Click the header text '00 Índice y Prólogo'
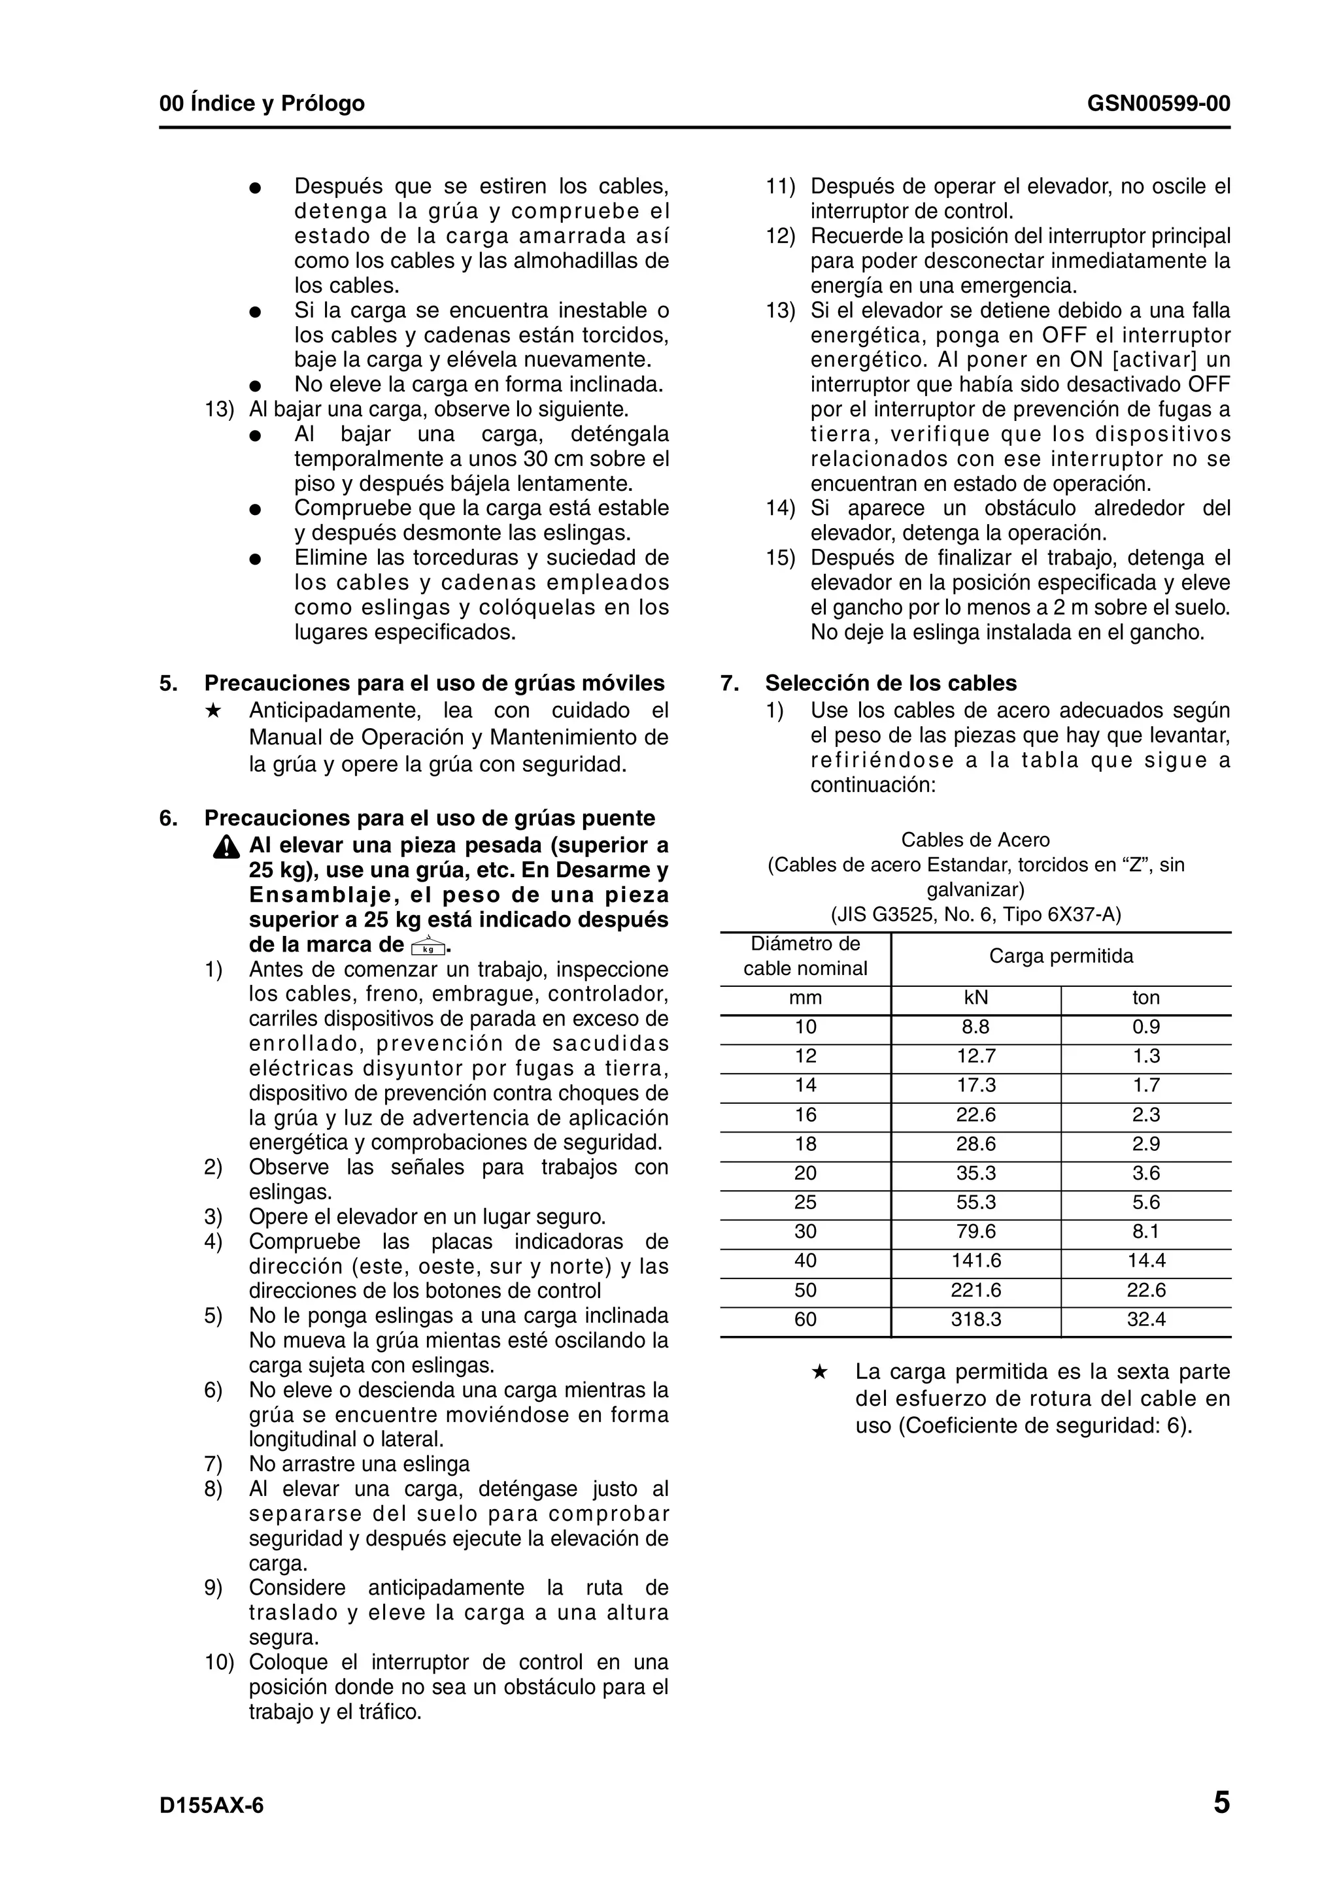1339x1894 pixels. [x=262, y=104]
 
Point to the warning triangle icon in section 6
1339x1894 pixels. [x=225, y=847]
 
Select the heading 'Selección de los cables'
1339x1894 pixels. [x=890, y=683]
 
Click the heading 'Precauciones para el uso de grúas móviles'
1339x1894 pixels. [x=434, y=683]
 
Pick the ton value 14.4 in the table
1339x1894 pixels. [x=1146, y=1261]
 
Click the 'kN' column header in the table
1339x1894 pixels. [x=975, y=998]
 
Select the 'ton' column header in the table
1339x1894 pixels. [x=1146, y=998]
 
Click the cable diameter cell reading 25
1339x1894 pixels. [x=805, y=1202]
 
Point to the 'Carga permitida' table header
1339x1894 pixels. [x=1061, y=956]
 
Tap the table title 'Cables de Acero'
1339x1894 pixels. [x=975, y=840]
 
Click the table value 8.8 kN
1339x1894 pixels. [x=975, y=1027]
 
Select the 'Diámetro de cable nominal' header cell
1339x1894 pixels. [x=805, y=956]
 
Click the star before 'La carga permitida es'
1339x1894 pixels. [x=819, y=1372]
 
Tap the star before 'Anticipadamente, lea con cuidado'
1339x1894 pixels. [x=213, y=710]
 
